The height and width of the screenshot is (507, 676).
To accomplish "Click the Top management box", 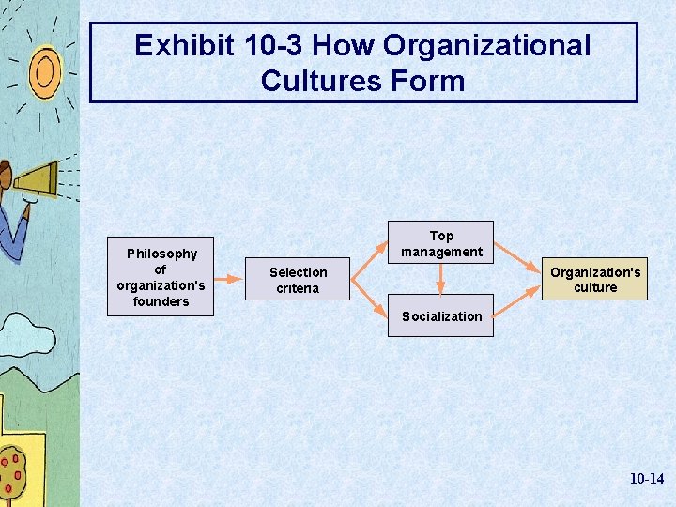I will click(x=441, y=243).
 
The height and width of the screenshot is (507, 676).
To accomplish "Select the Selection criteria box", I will click(x=298, y=280).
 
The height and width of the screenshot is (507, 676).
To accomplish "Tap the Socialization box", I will click(x=441, y=316).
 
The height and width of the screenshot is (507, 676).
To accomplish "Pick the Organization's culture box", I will click(x=595, y=280).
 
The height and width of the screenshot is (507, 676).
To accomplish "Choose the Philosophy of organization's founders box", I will click(x=161, y=277).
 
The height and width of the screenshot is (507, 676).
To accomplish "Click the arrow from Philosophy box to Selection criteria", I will click(x=229, y=279).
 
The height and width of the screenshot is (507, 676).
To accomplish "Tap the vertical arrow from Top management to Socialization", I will click(x=441, y=279).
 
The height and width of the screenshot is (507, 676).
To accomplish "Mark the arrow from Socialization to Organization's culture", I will click(x=516, y=302).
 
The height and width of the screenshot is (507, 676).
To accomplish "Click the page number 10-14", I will click(x=646, y=479).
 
